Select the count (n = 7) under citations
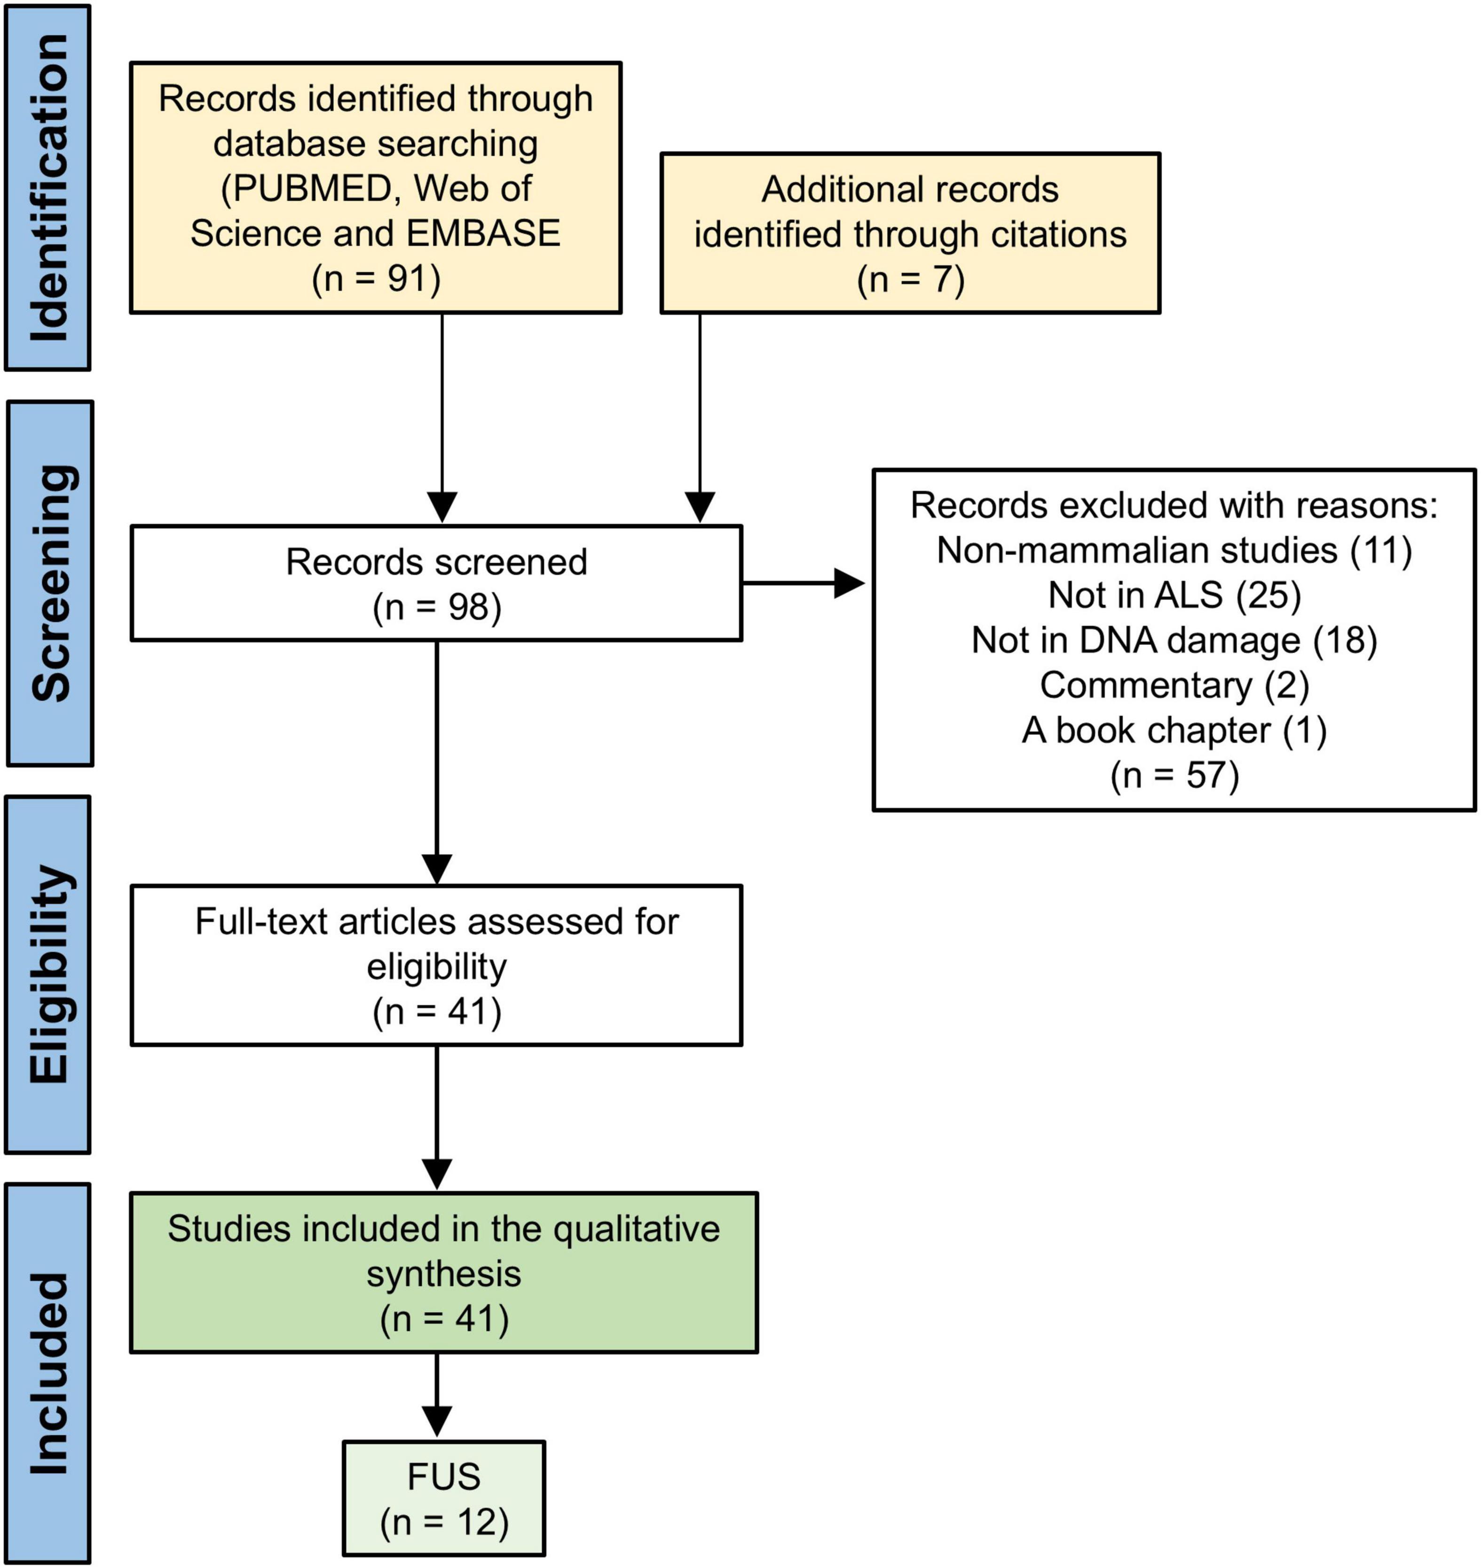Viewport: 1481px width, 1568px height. point(910,279)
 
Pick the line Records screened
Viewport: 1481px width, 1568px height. point(437,562)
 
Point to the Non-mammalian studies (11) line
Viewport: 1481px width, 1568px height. point(1174,550)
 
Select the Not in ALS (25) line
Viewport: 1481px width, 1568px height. point(1174,595)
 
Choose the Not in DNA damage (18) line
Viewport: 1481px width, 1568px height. point(1174,640)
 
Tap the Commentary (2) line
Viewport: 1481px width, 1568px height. point(1174,685)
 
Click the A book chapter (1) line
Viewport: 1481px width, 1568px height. point(1174,730)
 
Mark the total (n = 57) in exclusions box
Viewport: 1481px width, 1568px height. point(1174,776)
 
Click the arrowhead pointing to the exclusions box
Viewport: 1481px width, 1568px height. point(850,584)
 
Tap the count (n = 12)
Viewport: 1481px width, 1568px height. point(444,1522)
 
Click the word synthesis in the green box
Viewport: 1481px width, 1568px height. point(444,1275)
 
